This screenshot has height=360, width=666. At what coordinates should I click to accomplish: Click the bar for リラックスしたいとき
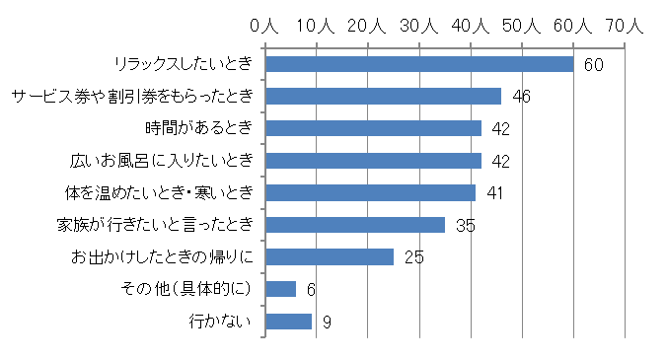coord(419,64)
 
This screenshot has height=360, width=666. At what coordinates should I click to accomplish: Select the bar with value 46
coord(384,97)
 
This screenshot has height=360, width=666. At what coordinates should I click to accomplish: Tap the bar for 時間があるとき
coord(374,128)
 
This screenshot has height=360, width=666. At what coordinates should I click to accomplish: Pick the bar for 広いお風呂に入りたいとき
coord(374,161)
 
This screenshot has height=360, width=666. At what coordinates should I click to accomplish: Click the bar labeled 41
coord(371,192)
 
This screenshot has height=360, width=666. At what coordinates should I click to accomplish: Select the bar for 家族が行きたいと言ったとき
coord(355,225)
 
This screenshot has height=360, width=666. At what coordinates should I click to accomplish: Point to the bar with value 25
coord(330,256)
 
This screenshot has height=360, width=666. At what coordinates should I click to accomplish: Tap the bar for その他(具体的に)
coord(281,289)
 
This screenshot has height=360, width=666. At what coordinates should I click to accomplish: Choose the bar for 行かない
coord(289,321)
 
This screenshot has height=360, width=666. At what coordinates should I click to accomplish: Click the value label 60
coord(593,65)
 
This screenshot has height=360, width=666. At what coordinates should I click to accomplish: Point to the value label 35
coord(465,226)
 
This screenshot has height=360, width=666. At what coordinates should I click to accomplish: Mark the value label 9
coord(327,322)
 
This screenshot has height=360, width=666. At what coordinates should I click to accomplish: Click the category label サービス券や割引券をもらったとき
coord(133,97)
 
